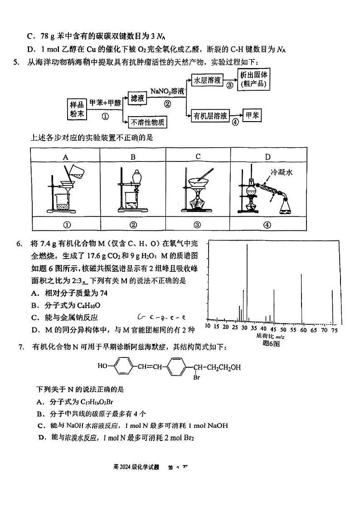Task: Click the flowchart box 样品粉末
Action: pyautogui.click(x=77, y=109)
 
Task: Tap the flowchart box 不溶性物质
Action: pyautogui.click(x=148, y=122)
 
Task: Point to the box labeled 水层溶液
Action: pyautogui.click(x=207, y=80)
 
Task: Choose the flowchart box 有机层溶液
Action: pyautogui.click(x=210, y=116)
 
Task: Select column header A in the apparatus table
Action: pyautogui.click(x=65, y=157)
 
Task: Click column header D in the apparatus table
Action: pyautogui.click(x=268, y=157)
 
